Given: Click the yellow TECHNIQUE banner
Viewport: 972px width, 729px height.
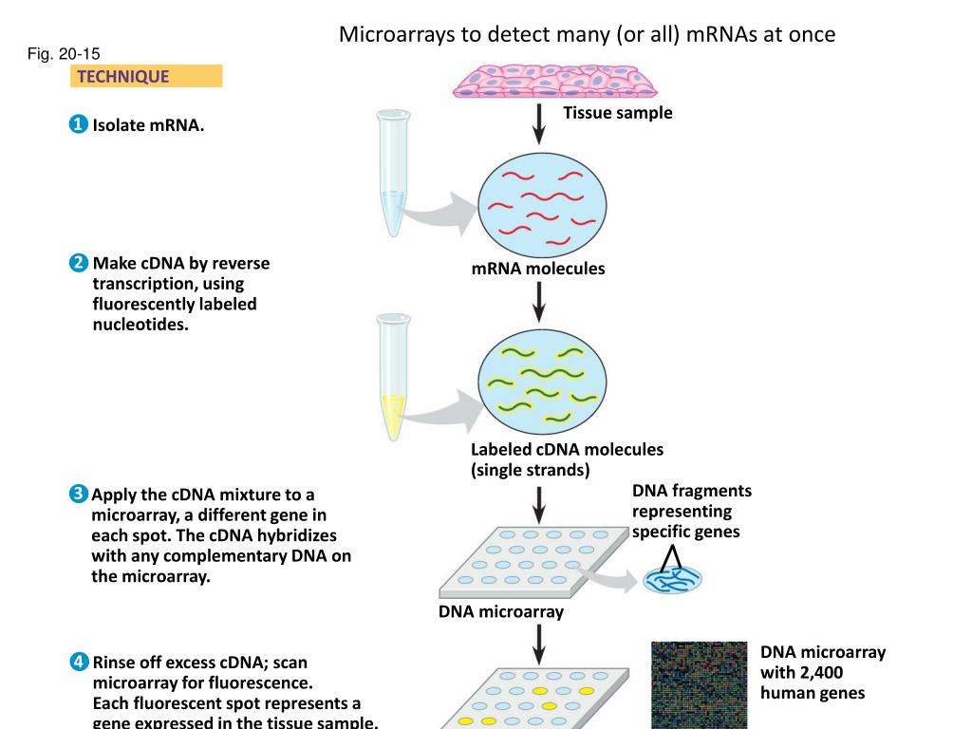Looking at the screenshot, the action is tap(146, 76).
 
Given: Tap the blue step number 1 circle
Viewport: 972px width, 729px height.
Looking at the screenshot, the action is tap(78, 124).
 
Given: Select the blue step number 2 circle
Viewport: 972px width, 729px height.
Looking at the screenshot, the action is tap(79, 263).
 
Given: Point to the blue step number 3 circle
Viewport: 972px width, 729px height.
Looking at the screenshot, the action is tap(78, 494).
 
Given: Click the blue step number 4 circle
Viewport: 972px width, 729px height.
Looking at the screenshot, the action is tap(79, 662).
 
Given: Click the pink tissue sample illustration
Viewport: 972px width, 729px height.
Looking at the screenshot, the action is tap(554, 82).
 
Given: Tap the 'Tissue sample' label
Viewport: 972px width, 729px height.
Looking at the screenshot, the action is tap(617, 113).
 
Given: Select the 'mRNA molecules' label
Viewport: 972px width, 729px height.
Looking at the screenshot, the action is tap(538, 269).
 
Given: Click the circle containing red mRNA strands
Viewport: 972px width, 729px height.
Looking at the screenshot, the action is tap(542, 205).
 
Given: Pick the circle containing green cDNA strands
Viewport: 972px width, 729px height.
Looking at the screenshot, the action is tap(542, 382).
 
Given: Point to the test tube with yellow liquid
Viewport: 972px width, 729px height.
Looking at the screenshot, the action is tap(393, 378).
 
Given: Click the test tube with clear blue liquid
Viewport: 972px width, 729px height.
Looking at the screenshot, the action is tap(393, 173).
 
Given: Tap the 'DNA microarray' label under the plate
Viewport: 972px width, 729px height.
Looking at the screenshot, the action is tap(501, 612).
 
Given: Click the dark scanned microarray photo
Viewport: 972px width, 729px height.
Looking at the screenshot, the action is tap(700, 685).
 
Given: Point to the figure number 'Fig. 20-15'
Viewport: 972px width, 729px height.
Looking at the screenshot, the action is tap(64, 54).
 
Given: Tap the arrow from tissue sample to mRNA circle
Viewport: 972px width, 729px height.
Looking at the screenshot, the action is tap(539, 124).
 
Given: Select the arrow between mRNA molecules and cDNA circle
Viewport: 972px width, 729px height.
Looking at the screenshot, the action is tap(539, 302).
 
